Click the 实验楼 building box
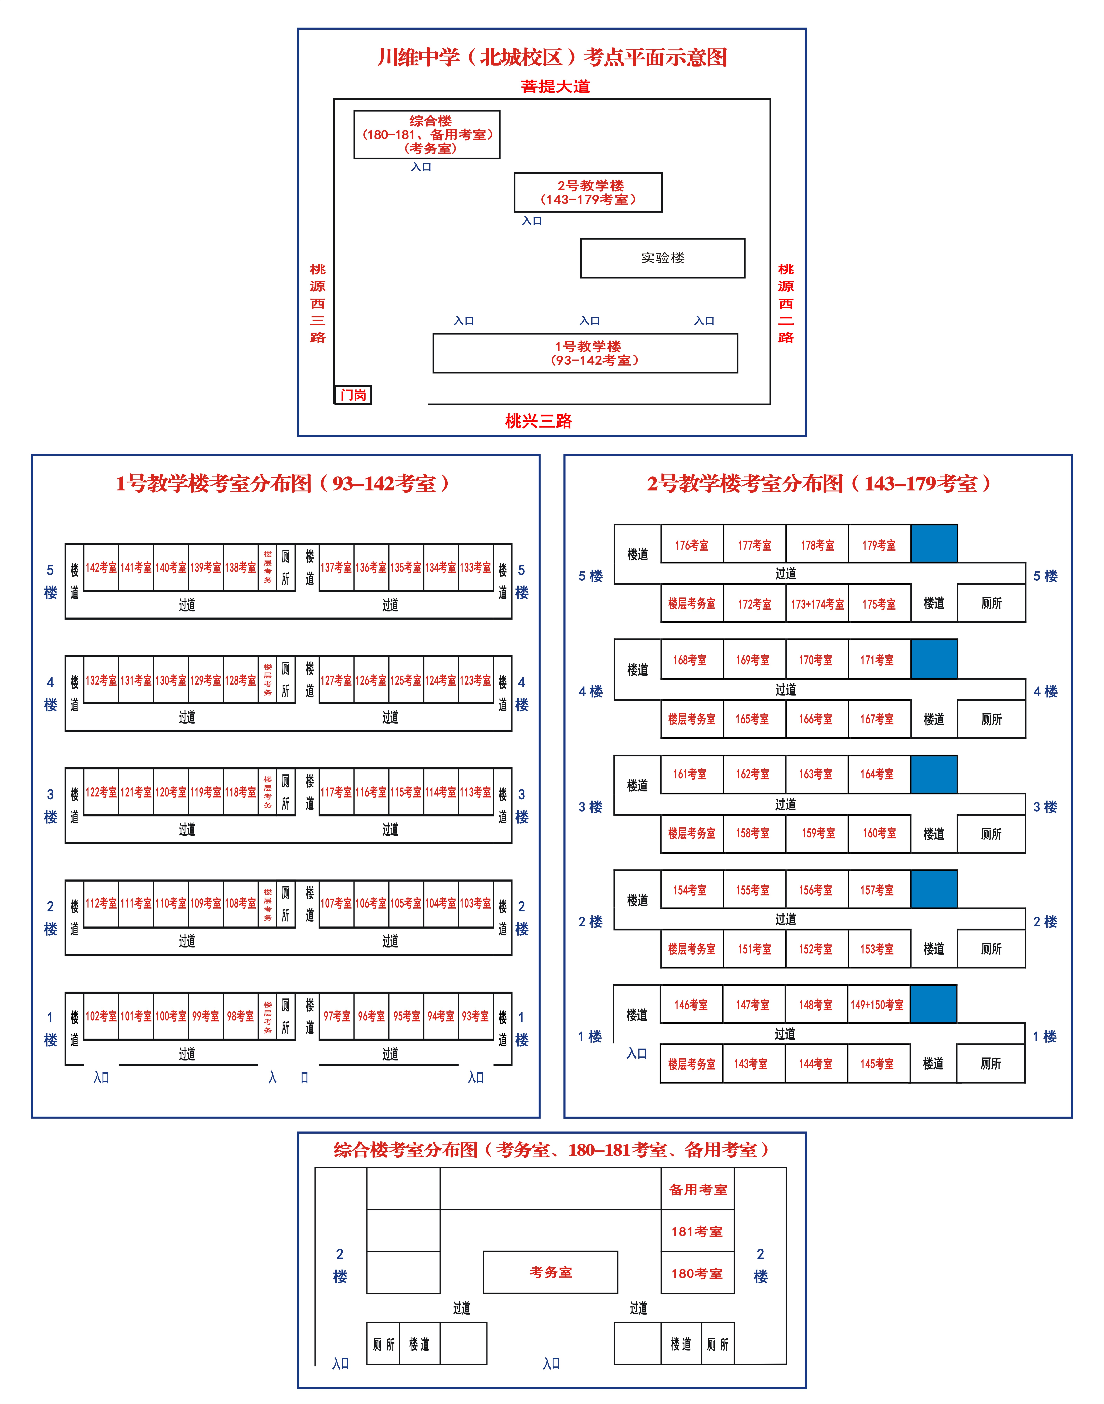click(x=663, y=258)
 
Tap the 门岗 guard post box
click(x=353, y=394)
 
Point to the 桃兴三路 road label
click(x=538, y=421)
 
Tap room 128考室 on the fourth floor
click(x=240, y=680)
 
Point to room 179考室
click(x=879, y=545)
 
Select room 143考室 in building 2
click(x=750, y=1063)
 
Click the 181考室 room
click(x=697, y=1231)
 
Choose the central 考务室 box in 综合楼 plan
click(x=551, y=1272)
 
